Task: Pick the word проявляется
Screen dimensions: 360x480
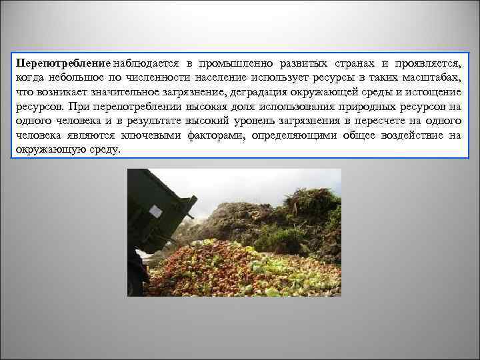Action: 427,63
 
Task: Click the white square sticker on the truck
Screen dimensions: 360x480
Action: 156,211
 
